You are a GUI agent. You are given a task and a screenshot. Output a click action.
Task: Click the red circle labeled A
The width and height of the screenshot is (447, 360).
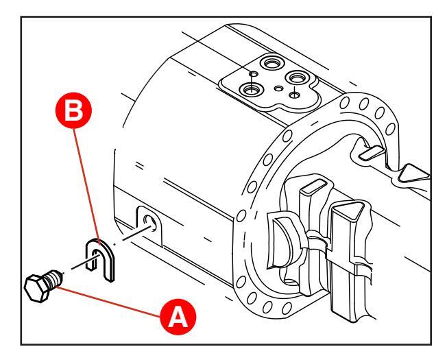(178, 317)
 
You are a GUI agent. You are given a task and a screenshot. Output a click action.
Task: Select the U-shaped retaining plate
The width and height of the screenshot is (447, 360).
(101, 257)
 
